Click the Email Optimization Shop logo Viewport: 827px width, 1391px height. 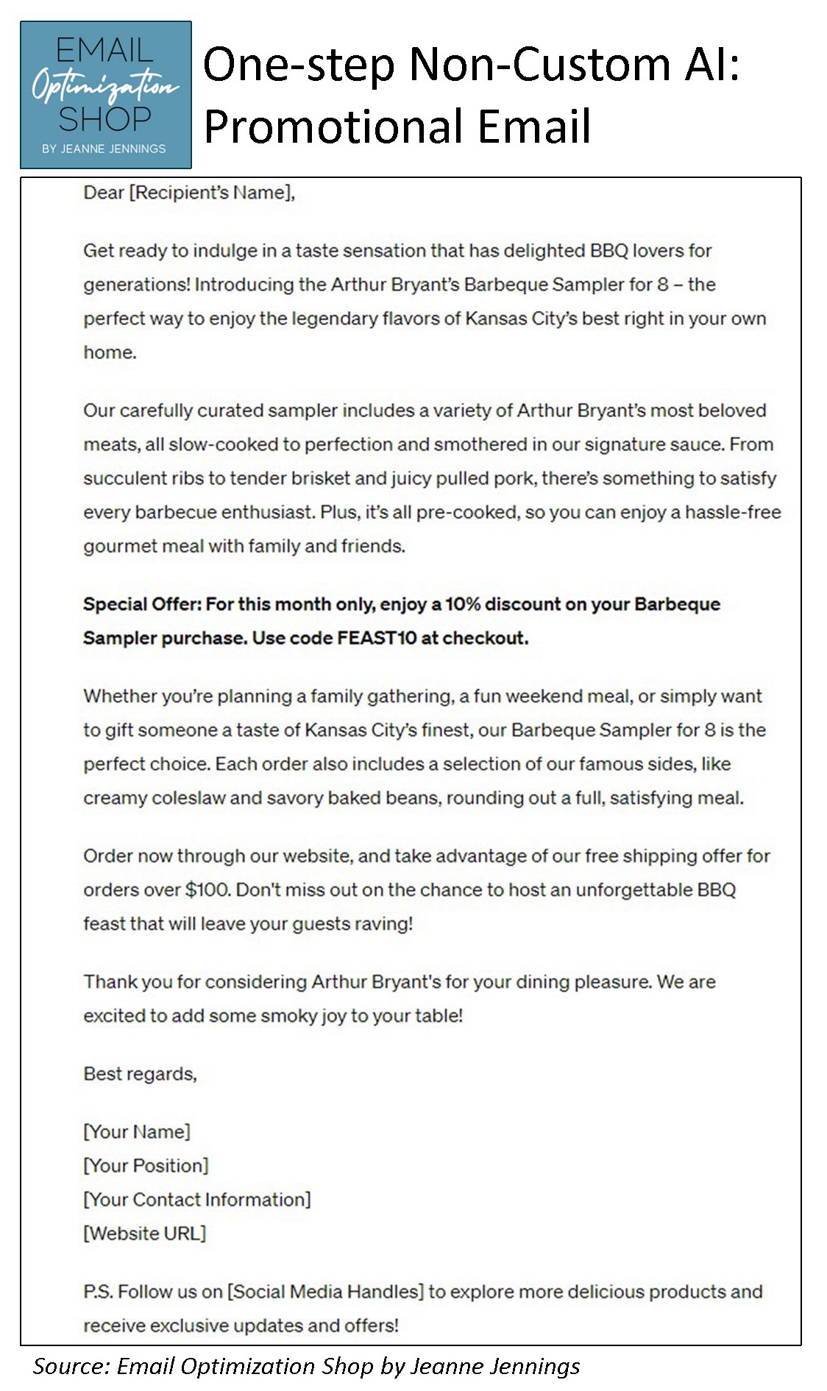coord(105,94)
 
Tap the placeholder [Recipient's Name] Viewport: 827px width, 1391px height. coord(212,193)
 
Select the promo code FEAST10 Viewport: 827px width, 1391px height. coord(377,638)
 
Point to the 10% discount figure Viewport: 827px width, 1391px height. coord(462,604)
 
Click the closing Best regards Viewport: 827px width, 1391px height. coord(140,1074)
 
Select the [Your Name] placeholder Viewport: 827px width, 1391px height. coord(137,1131)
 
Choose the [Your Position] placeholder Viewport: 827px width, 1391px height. coord(146,1165)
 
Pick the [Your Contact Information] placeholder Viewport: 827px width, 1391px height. coord(197,1199)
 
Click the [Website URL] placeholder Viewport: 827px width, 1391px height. coord(145,1233)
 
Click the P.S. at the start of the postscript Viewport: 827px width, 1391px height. coord(98,1292)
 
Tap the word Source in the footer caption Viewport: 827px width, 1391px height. coord(71,1366)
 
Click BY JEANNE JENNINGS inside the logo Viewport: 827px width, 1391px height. coord(104,149)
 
